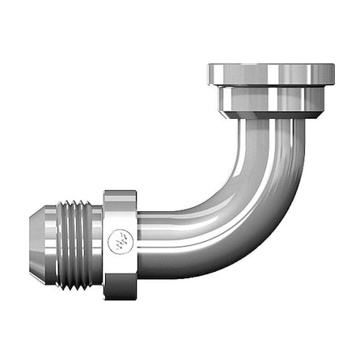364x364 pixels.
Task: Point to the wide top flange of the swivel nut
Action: coord(270,74)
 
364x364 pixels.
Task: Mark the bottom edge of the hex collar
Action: coord(120,296)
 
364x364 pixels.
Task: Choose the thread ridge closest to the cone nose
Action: coord(58,243)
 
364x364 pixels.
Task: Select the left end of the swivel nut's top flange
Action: coord(211,74)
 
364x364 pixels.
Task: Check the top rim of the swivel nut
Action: coord(270,64)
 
